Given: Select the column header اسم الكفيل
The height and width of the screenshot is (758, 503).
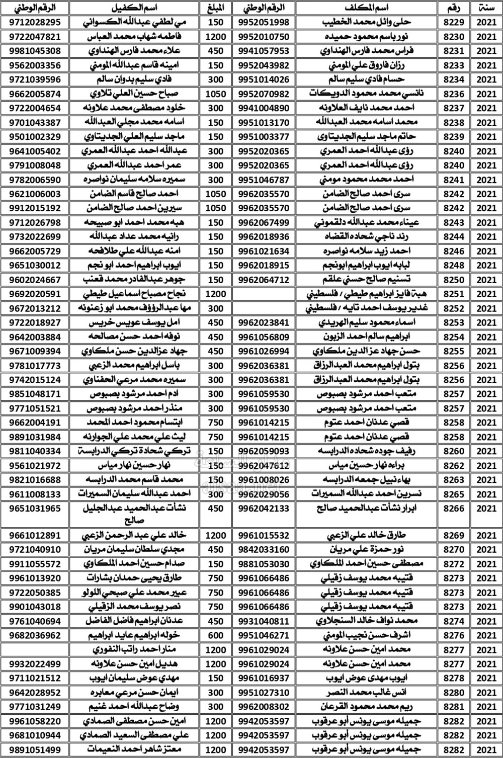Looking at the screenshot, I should pos(135,8).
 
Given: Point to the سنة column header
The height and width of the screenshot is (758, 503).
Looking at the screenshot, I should pos(486,8).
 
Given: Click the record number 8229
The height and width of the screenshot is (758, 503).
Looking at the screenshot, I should pos(454,22).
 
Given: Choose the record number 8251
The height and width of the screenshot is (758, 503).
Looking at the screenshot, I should pos(454,294).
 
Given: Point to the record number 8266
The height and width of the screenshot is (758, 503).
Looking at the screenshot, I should pos(454,509).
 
